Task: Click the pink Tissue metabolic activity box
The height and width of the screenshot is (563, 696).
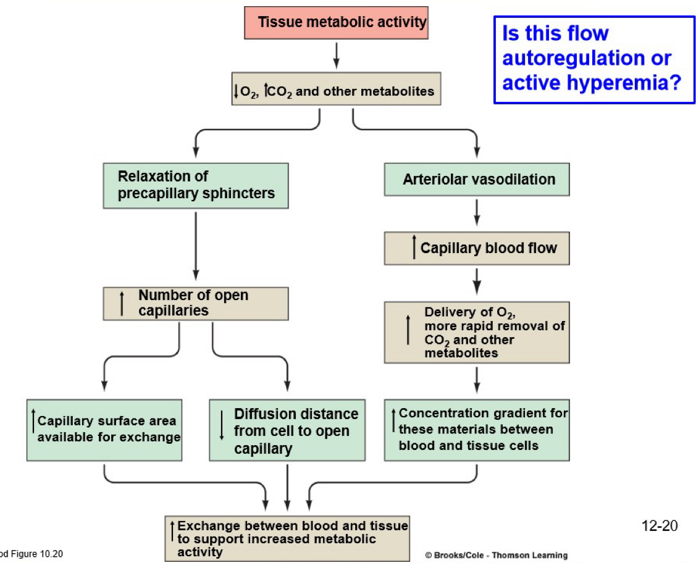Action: [x=336, y=23]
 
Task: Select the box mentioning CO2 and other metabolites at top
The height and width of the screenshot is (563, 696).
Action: [x=336, y=91]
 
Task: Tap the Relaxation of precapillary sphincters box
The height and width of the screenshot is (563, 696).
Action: [x=195, y=185]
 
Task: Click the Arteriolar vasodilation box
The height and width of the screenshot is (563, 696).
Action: [x=477, y=180]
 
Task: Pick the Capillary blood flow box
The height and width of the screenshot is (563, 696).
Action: [x=477, y=248]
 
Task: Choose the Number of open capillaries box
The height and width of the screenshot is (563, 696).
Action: [x=195, y=303]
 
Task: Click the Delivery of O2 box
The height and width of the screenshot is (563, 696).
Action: [x=477, y=332]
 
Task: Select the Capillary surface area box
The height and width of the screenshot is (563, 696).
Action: [x=104, y=430]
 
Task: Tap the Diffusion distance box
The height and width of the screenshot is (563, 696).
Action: [x=288, y=430]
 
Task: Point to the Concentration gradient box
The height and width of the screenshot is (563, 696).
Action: [x=477, y=430]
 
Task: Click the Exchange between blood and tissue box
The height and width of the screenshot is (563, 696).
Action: [x=288, y=538]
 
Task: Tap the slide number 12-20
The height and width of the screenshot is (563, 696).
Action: [x=660, y=526]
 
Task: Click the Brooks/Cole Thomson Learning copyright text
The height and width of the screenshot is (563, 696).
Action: [x=497, y=555]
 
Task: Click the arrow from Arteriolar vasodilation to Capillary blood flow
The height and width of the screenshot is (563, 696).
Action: [x=477, y=214]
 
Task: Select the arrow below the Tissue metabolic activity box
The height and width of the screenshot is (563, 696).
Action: [x=336, y=56]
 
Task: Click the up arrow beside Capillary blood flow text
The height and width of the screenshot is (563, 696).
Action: [x=414, y=248]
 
